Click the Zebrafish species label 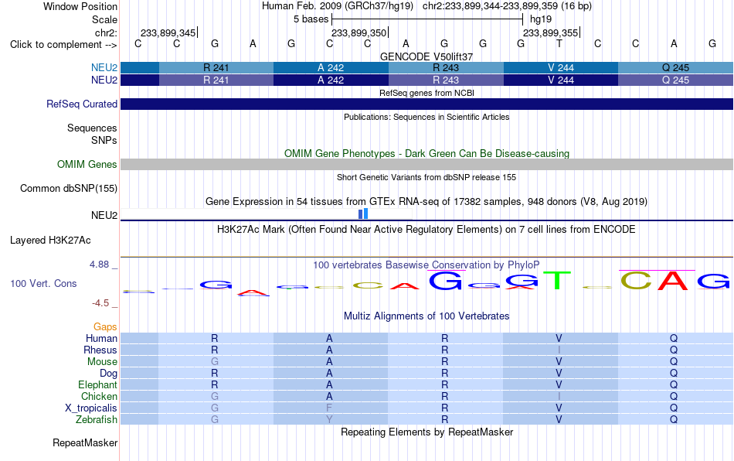click(97, 419)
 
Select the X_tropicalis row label click(91, 408)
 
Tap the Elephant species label click(97, 384)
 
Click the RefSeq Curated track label click(81, 104)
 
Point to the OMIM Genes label click(87, 165)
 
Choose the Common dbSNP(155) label click(68, 188)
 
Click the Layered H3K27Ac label click(50, 241)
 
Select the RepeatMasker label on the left click(85, 442)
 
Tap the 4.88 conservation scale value click(99, 265)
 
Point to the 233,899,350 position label click(359, 32)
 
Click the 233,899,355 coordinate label click(550, 32)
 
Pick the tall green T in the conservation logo click(559, 280)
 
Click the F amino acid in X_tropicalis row click(329, 408)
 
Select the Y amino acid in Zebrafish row click(329, 419)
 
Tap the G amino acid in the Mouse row click(214, 362)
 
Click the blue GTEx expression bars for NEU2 click(363, 213)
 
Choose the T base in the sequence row click(559, 43)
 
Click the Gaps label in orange click(105, 326)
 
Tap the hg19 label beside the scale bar click(541, 19)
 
